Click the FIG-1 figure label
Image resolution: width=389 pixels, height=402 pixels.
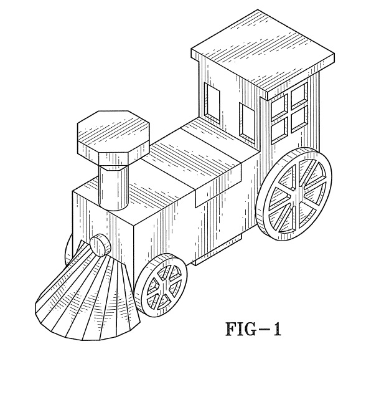click(253, 329)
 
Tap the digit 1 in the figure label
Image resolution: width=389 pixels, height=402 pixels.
click(276, 329)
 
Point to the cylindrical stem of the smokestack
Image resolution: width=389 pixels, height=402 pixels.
click(113, 187)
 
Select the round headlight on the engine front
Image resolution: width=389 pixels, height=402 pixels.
click(100, 246)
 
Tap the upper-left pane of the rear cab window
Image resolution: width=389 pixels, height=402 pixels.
click(279, 107)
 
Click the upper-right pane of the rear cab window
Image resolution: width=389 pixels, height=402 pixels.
click(299, 94)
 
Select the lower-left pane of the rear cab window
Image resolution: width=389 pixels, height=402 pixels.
click(279, 130)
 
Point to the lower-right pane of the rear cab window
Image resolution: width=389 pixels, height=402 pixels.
click(299, 118)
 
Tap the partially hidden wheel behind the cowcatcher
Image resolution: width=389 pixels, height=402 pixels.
click(69, 250)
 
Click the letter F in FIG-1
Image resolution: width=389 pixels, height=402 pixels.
click(231, 329)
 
